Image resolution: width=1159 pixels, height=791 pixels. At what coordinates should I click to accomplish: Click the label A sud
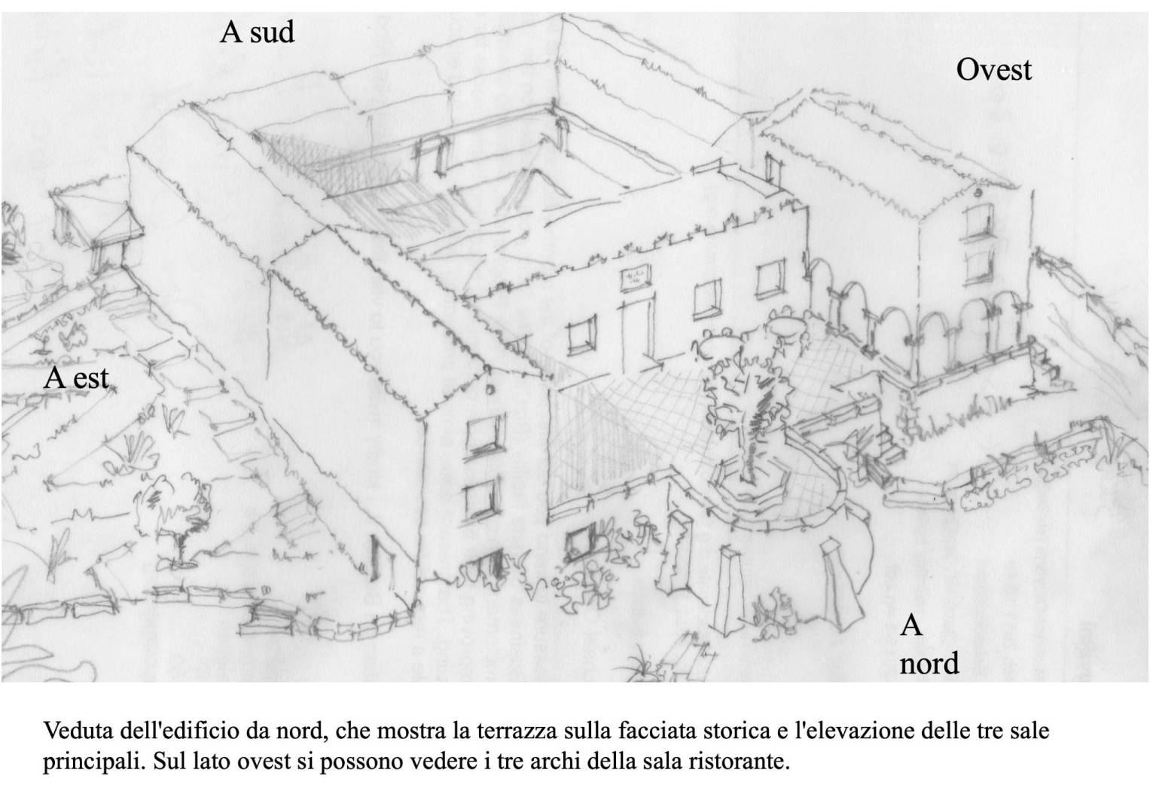(x=257, y=32)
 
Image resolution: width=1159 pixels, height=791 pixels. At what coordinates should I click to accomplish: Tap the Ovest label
(x=993, y=70)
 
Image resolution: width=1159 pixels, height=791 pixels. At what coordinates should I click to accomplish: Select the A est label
(x=76, y=377)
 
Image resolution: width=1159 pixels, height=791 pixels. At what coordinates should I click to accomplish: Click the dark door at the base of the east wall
(x=382, y=562)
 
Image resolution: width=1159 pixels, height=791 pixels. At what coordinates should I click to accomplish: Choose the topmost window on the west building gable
(x=977, y=221)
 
